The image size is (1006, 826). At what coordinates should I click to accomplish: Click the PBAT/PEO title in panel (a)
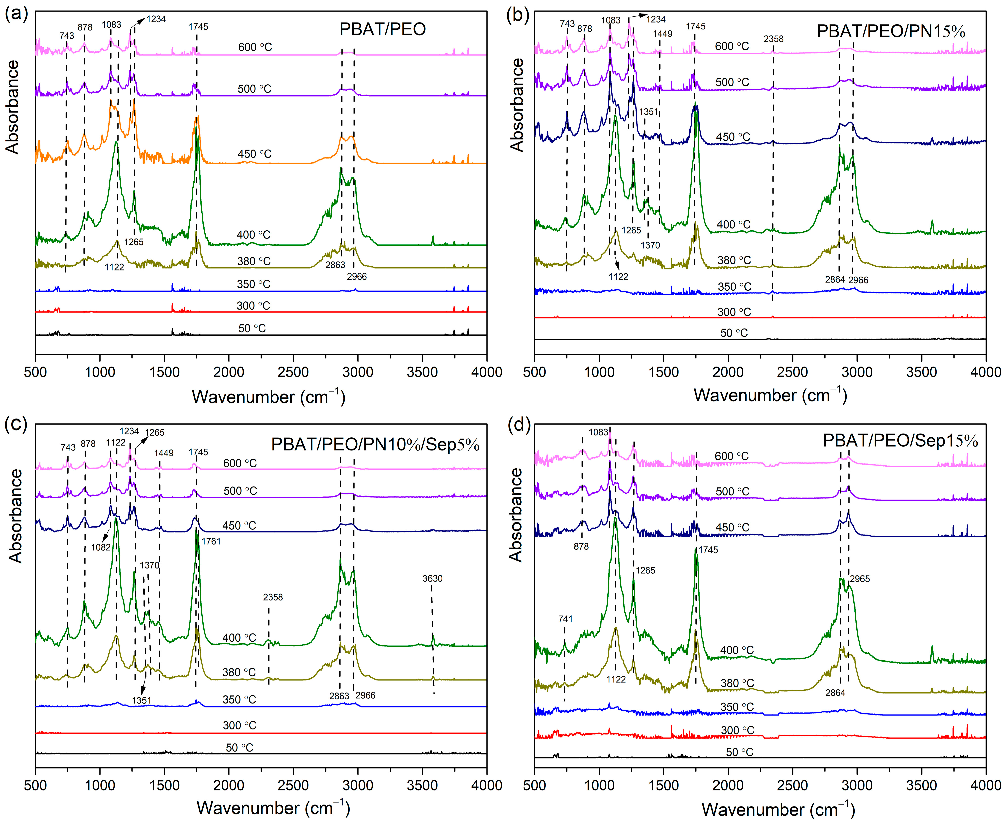382,30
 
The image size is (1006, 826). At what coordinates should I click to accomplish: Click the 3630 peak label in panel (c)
432,579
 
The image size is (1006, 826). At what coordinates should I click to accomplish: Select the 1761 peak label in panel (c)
211,541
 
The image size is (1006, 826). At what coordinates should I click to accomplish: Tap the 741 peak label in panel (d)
565,619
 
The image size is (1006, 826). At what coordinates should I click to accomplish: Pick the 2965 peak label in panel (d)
859,579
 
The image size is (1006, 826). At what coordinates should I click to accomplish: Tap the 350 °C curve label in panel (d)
737,707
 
